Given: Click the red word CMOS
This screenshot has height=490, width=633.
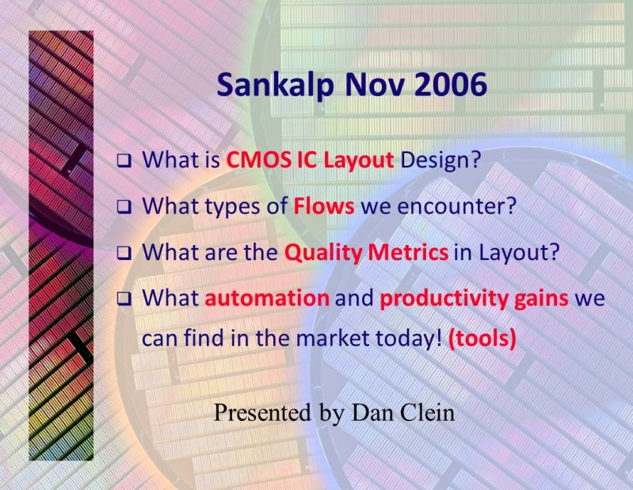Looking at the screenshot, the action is click(x=258, y=160).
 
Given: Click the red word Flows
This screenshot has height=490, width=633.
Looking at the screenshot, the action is click(x=324, y=205).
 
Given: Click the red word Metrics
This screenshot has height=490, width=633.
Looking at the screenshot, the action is click(x=408, y=252).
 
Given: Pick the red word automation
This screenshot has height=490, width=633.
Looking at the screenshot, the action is click(x=267, y=298).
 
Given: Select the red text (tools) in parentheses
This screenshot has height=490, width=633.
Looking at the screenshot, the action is click(x=482, y=338).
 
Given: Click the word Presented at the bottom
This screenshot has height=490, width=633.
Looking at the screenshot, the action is click(x=262, y=412).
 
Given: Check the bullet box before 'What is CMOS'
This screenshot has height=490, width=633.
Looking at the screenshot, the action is click(x=124, y=161).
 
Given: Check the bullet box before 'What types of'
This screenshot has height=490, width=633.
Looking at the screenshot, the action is click(x=124, y=207).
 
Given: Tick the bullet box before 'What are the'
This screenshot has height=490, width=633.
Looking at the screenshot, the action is click(x=124, y=253).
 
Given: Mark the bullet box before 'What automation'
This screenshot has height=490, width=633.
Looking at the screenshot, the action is click(x=124, y=300).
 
